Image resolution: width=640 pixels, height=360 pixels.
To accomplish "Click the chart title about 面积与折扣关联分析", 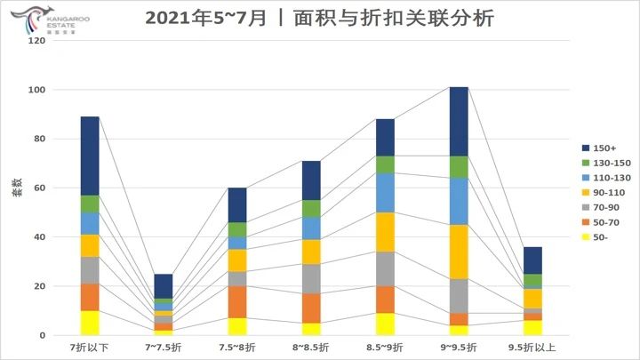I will [x=320, y=18].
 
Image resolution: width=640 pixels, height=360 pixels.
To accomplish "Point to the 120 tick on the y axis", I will [x=36, y=41].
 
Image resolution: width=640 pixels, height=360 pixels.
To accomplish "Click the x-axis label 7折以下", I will [x=90, y=347].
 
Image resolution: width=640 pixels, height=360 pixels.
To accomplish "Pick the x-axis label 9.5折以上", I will [x=532, y=347].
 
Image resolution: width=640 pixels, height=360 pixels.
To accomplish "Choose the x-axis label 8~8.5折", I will [x=310, y=347].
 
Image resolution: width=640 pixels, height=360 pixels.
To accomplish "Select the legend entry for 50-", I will [x=602, y=237].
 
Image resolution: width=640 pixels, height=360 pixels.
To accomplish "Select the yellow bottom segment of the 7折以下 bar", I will [x=90, y=323].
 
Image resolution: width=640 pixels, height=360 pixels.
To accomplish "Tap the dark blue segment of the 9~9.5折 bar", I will [x=459, y=121].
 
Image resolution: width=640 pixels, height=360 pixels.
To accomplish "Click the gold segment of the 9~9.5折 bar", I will [x=459, y=252].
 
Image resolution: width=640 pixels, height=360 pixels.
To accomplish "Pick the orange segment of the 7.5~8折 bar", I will [x=237, y=301].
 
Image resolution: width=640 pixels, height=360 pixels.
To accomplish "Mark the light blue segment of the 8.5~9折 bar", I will [x=385, y=192].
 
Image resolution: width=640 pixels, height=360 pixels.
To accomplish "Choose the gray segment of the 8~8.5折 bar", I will [x=311, y=278].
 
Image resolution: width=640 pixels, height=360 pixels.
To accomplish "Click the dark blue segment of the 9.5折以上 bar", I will [x=532, y=260].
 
